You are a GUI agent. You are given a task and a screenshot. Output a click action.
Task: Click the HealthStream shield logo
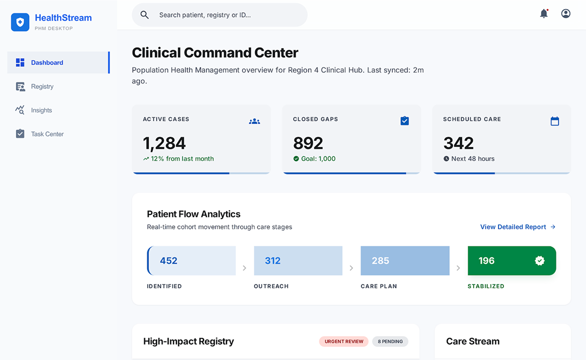pyautogui.click(x=20, y=22)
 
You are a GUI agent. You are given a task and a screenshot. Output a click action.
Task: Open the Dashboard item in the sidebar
pyautogui.click(x=47, y=62)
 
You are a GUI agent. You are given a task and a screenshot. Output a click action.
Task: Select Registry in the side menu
pyautogui.click(x=42, y=86)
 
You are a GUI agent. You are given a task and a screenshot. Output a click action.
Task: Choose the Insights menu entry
pyautogui.click(x=41, y=110)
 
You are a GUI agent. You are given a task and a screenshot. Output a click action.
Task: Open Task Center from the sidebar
pyautogui.click(x=47, y=134)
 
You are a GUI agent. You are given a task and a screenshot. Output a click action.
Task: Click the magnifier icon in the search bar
pyautogui.click(x=144, y=15)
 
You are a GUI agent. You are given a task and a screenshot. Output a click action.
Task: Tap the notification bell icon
pyautogui.click(x=544, y=14)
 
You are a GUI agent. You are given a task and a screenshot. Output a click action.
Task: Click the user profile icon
pyautogui.click(x=565, y=14)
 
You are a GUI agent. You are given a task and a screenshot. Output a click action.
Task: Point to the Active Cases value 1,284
pyautogui.click(x=164, y=143)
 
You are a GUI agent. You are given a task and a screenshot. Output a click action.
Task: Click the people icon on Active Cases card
pyautogui.click(x=254, y=121)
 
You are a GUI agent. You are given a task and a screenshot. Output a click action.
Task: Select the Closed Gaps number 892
pyautogui.click(x=308, y=143)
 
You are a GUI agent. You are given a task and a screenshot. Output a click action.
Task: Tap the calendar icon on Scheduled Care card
pyautogui.click(x=554, y=121)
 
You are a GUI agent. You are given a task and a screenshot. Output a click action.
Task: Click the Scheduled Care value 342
pyautogui.click(x=458, y=143)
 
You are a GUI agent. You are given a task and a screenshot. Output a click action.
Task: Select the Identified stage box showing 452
pyautogui.click(x=191, y=260)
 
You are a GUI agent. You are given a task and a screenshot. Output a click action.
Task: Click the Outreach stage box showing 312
pyautogui.click(x=298, y=260)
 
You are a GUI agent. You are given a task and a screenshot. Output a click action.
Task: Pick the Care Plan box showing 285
pyautogui.click(x=405, y=260)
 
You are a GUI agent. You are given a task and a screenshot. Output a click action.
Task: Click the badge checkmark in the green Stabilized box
pyautogui.click(x=539, y=260)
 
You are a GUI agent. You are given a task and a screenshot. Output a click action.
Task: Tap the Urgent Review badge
pyautogui.click(x=343, y=341)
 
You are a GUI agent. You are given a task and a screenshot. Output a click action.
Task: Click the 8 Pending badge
pyautogui.click(x=390, y=341)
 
